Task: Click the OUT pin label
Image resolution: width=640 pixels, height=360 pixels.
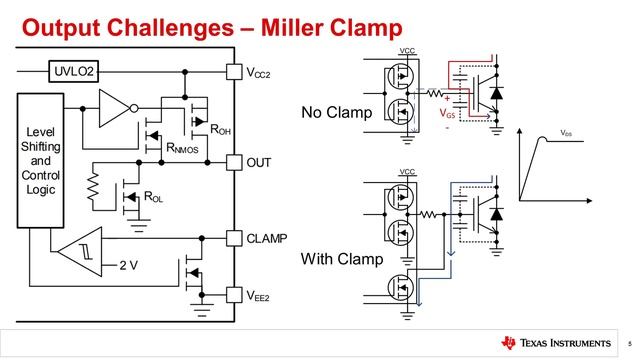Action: pos(259,161)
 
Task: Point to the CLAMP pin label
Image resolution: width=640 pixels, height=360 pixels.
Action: pos(266,239)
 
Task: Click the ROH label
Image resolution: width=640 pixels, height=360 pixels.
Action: pos(219,130)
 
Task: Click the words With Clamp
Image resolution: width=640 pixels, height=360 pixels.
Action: pos(343,259)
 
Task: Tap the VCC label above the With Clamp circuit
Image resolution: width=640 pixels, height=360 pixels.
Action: pos(407,172)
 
